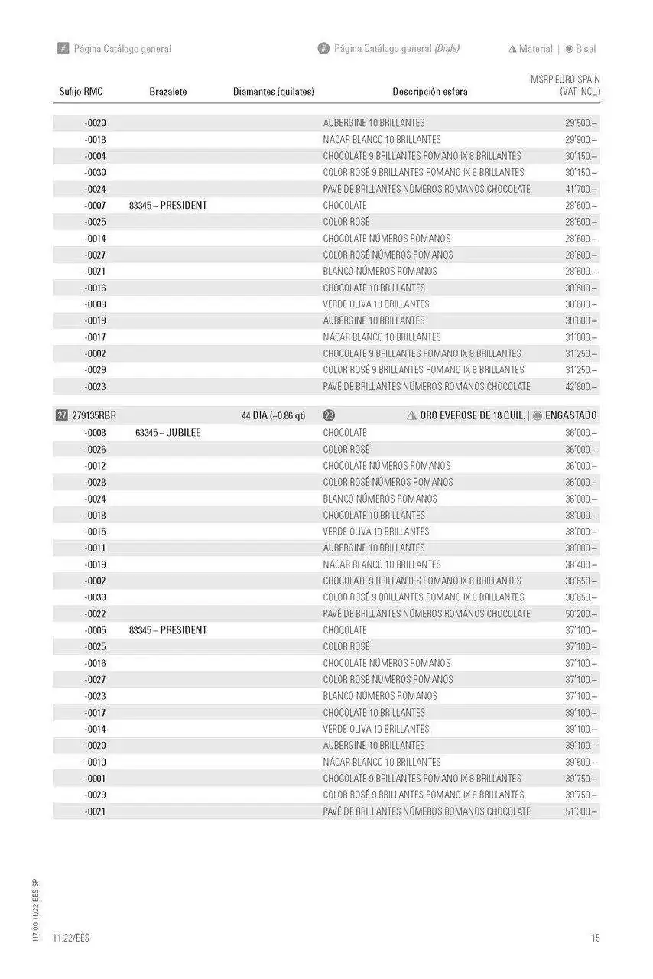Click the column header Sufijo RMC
point(80,92)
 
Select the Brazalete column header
point(168,92)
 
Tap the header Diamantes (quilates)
point(273,92)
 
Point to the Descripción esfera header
point(430,92)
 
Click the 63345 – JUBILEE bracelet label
point(168,433)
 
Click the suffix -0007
point(96,206)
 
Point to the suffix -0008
point(96,433)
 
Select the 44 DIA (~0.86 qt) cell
point(273,415)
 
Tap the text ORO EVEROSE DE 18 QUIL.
point(473,415)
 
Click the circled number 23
point(330,415)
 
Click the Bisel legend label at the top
point(586,49)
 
